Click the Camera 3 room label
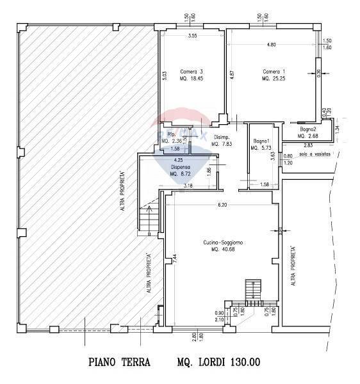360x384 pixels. (x=192, y=71)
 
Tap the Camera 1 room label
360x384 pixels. (x=274, y=71)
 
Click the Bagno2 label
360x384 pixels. (x=309, y=129)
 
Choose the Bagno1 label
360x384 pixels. (x=260, y=141)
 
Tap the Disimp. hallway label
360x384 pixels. (x=222, y=138)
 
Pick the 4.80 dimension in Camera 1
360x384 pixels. (x=271, y=45)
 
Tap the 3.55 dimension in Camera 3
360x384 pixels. (x=192, y=36)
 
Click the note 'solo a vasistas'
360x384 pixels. (x=316, y=154)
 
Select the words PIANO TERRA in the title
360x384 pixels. (x=119, y=362)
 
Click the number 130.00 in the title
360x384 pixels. (x=245, y=362)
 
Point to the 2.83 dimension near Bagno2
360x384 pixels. (x=290, y=146)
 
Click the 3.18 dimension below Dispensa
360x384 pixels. (x=188, y=186)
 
